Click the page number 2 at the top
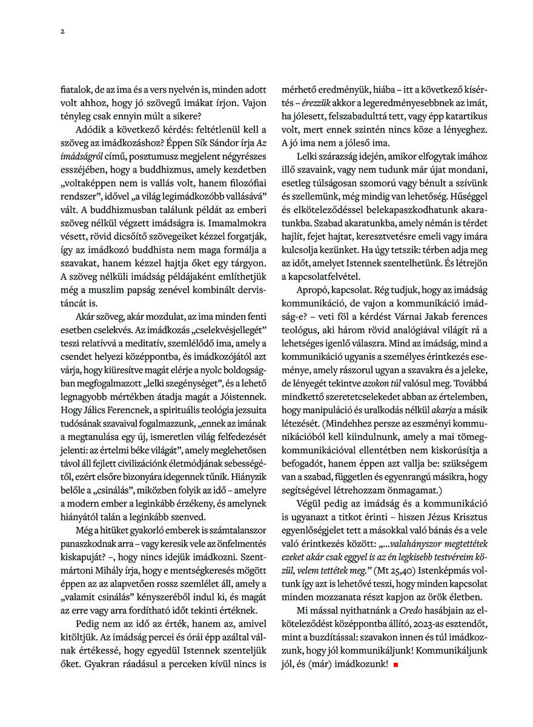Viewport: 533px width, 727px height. point(62,32)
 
